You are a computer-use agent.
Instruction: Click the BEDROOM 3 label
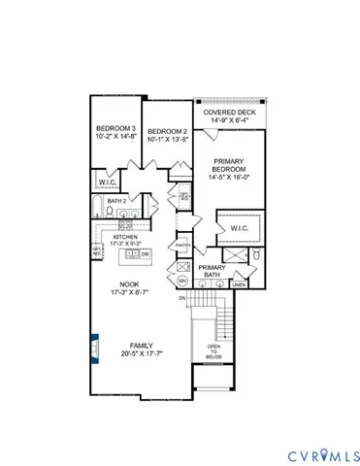(x=115, y=134)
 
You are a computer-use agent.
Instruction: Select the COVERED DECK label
(x=228, y=116)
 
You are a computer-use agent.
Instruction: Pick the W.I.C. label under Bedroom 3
(x=107, y=182)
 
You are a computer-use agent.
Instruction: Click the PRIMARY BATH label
(x=212, y=271)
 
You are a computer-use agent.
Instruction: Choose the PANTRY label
(x=181, y=246)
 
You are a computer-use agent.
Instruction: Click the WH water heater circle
(x=182, y=280)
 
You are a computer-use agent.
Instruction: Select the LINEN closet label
(x=238, y=284)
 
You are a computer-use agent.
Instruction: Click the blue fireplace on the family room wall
(x=94, y=347)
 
